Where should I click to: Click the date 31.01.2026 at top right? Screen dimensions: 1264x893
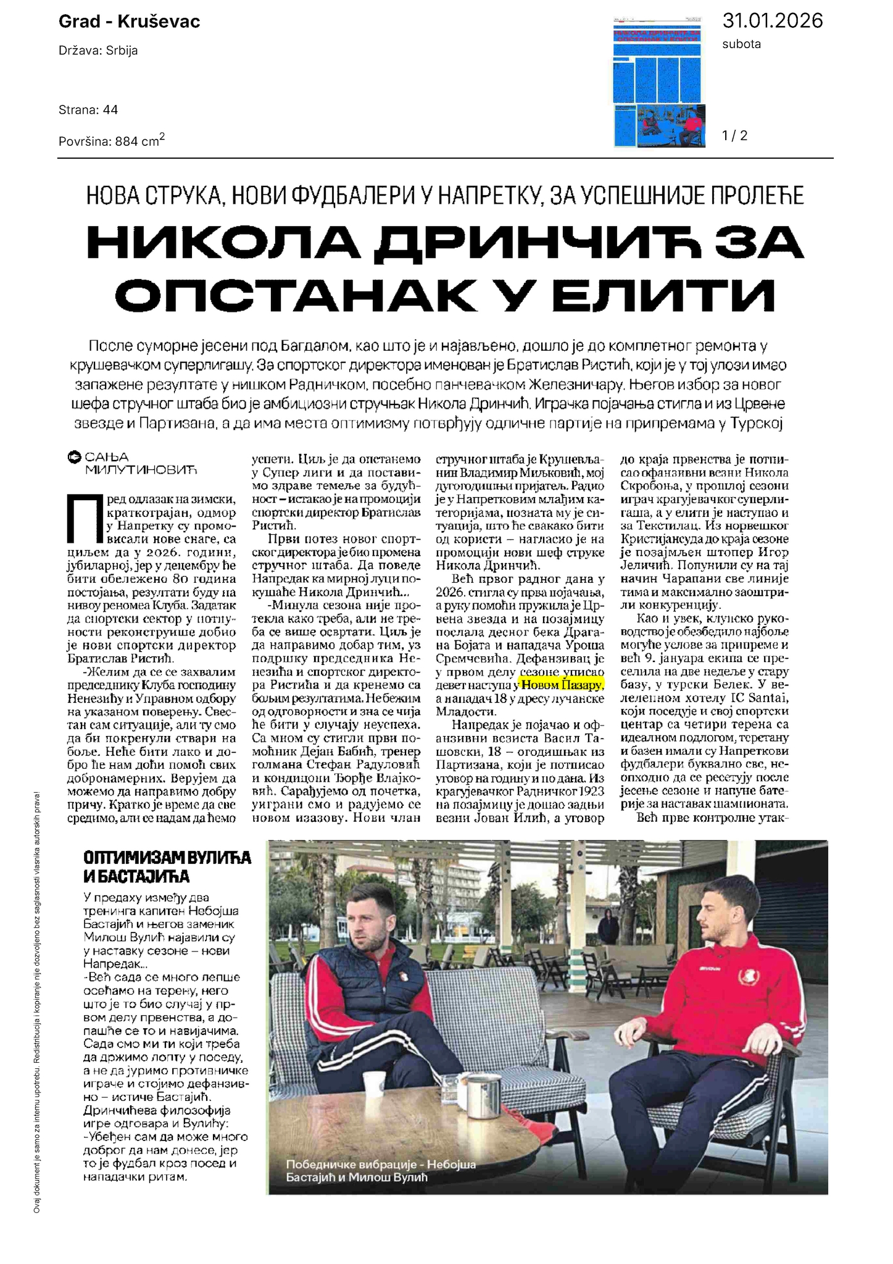[772, 20]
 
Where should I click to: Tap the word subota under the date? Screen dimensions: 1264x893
[741, 44]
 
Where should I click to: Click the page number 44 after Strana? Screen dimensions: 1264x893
[110, 110]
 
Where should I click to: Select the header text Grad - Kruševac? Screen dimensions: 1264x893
[129, 22]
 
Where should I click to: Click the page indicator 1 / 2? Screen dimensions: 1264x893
[734, 135]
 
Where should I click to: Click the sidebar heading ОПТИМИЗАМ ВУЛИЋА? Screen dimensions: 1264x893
[167, 858]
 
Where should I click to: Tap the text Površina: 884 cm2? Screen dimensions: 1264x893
[112, 141]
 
